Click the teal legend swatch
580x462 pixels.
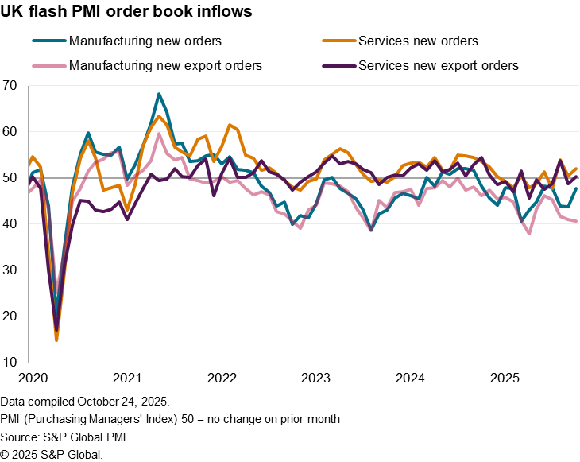49,41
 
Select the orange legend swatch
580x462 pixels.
339,41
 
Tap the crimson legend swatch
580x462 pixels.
49,66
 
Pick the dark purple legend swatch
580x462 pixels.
339,66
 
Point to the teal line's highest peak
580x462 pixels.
159,94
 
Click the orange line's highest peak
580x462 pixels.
159,116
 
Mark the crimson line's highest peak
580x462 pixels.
159,134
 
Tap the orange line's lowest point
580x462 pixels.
56,340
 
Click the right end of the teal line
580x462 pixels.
576,189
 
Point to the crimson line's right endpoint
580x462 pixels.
577,221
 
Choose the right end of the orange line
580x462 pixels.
577,169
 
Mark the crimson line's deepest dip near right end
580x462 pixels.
529,233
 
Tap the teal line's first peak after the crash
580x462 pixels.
87,134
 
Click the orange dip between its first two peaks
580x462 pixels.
127,210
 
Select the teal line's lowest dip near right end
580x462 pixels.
522,219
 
